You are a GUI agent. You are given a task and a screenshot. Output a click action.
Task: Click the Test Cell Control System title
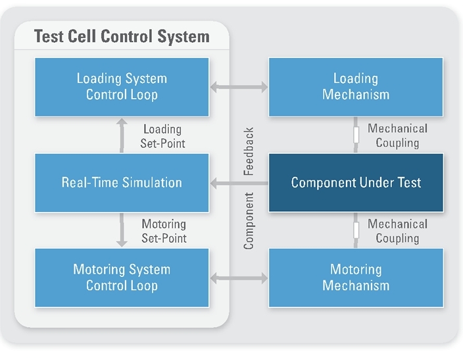tap(122, 36)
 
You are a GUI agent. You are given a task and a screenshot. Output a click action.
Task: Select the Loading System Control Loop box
tap(122, 87)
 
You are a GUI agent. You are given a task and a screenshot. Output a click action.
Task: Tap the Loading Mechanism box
tap(356, 87)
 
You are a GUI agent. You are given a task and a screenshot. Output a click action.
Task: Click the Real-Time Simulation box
tap(122, 182)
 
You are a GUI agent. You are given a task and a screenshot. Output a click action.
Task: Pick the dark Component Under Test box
tap(356, 182)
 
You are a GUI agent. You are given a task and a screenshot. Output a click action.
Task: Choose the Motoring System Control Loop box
tap(122, 278)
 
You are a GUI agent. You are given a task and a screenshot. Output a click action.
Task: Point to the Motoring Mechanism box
tap(356, 278)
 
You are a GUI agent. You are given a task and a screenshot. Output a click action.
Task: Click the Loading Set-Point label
tap(163, 136)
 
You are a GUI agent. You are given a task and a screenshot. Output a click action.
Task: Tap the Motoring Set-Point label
tap(164, 231)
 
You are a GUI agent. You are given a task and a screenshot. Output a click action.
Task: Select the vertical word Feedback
tap(249, 151)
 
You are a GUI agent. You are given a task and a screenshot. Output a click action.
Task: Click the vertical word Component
tap(249, 221)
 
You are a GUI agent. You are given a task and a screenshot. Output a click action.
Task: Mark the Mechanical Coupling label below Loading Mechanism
tap(397, 136)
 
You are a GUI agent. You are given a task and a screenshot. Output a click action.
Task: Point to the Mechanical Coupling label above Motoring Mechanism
tap(397, 231)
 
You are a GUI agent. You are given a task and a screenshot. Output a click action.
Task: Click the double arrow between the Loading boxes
tap(239, 86)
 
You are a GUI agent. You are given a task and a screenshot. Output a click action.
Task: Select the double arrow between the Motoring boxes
tap(239, 278)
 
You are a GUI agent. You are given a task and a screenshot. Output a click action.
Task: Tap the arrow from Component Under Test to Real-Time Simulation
tap(239, 183)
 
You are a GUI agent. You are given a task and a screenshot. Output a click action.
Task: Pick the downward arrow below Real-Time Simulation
tap(122, 230)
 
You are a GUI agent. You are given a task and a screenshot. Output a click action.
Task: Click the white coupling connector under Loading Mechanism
tap(356, 134)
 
